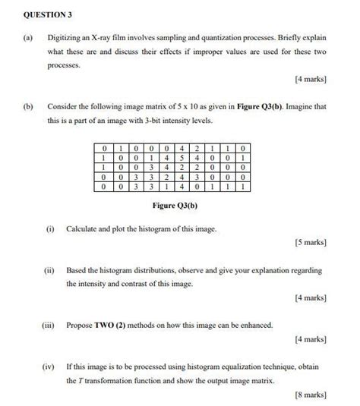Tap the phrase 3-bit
(171, 121)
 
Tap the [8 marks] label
(312, 395)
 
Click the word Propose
(79, 325)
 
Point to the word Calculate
(83, 228)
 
